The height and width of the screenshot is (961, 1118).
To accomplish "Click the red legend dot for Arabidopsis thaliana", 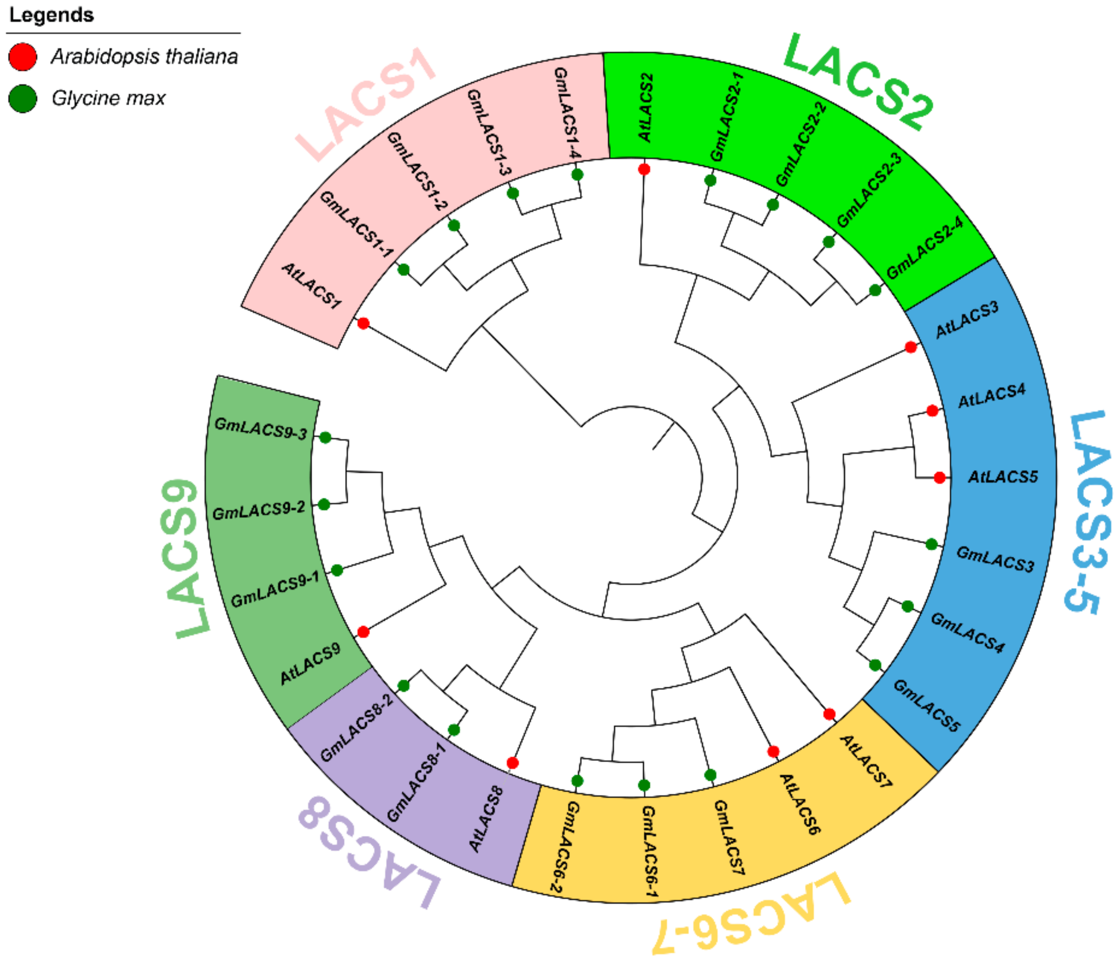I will (x=23, y=57).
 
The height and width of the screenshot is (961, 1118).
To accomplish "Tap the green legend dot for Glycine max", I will (x=23, y=99).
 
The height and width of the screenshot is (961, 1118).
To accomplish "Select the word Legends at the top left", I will (x=52, y=15).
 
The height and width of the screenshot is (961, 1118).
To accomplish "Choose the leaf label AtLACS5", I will (x=1003, y=477).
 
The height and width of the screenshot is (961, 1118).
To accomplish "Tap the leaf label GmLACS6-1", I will (x=649, y=853).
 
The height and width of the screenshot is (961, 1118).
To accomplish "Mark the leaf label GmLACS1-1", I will (x=357, y=224).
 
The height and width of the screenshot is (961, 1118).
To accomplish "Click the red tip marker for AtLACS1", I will (x=363, y=324).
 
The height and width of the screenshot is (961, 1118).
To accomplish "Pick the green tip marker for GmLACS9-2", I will (x=324, y=505).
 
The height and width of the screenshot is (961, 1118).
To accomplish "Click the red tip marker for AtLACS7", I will (x=829, y=714).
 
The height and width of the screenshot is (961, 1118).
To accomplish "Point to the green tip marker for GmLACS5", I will (x=875, y=666).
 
